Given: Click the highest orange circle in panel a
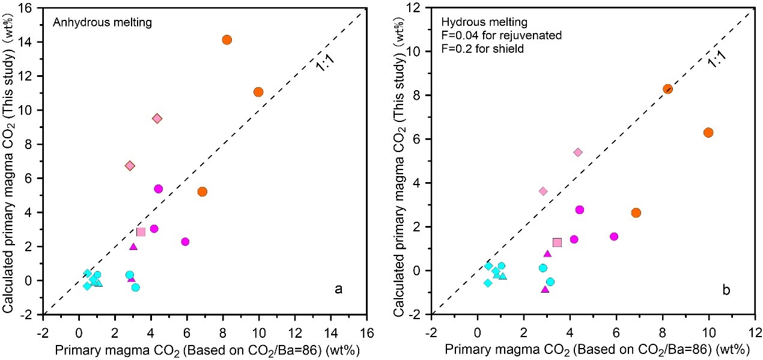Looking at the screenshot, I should pos(226,40).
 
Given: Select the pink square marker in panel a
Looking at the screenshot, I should pos(141,232).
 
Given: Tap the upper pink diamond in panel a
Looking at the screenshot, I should pos(157,118).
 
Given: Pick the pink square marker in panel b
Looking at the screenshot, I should pos(557,242).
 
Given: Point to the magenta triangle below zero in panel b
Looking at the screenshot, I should pos(545,289).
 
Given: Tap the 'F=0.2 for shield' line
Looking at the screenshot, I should pos(479,49).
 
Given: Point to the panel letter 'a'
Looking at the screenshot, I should pos(338,290).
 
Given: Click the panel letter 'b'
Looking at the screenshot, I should pos(726,291).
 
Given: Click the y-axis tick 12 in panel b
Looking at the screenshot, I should pos(419,8).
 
